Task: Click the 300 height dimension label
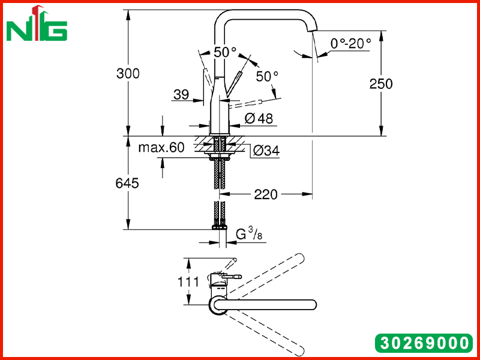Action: pos(128,74)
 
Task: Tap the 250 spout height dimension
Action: pos(381,84)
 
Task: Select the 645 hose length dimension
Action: pos(127,183)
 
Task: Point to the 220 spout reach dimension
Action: pos(266,194)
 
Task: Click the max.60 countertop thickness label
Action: pos(161,147)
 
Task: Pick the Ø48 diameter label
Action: pos(259,118)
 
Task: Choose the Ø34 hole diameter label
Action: pos(266,151)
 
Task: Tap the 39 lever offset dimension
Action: pos(181,95)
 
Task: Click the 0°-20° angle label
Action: pos(351,43)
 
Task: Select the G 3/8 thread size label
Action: pos(249,235)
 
